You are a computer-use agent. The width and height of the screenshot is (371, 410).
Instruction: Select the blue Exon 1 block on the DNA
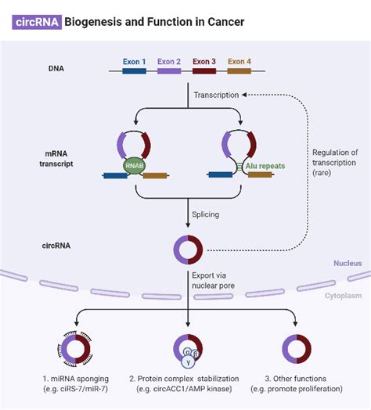133,71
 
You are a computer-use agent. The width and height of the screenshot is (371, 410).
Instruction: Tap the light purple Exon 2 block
169,71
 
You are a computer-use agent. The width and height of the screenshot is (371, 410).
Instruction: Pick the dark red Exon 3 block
204,71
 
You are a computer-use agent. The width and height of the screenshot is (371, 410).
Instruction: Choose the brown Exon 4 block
240,71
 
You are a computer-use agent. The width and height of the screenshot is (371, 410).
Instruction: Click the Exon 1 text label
134,60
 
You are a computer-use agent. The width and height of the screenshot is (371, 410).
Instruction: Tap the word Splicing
206,214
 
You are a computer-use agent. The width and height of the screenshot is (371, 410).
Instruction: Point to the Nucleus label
347,264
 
